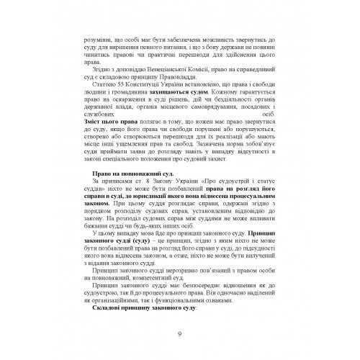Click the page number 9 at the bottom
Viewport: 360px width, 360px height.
coord(179,333)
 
